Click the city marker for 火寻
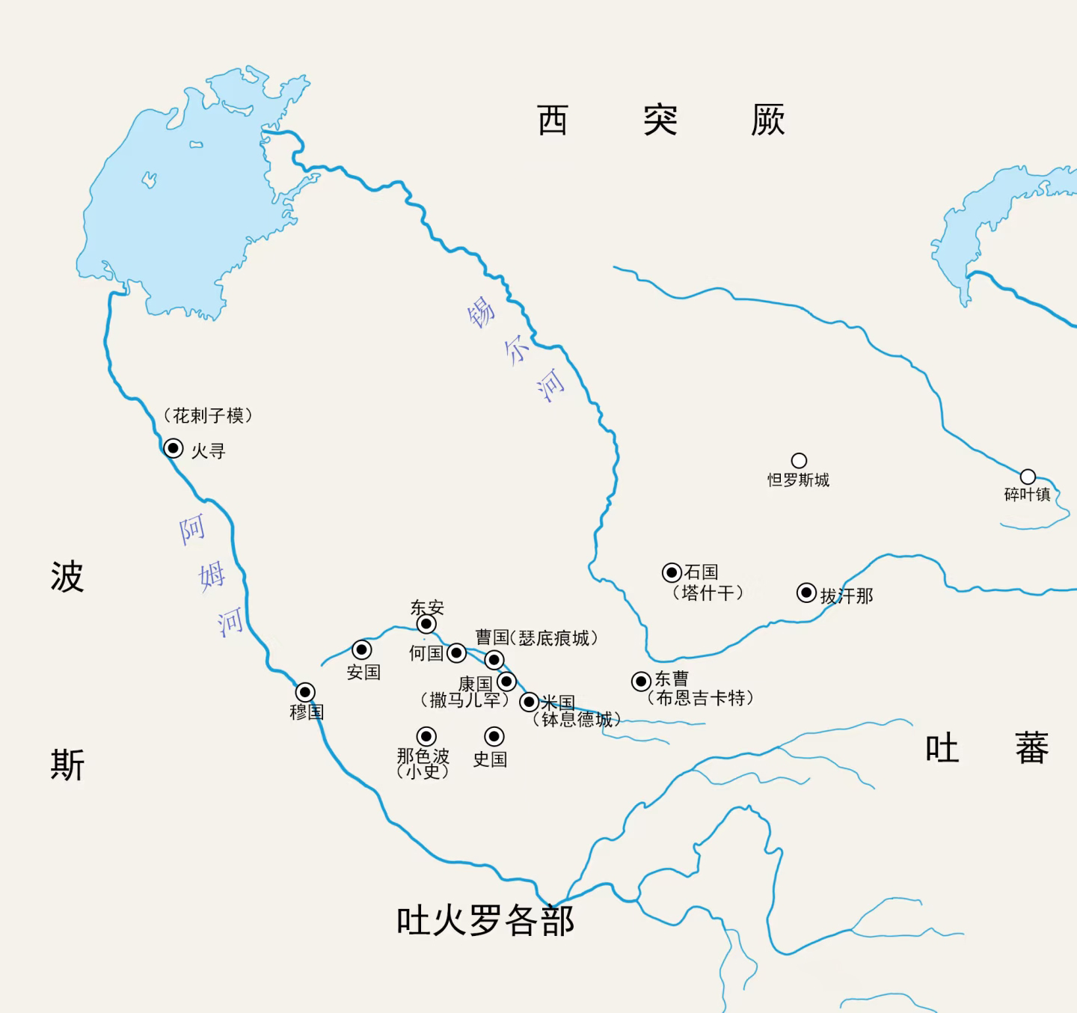(174, 448)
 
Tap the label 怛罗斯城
(798, 480)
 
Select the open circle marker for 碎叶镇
(1028, 477)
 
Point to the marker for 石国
(672, 573)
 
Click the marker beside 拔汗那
(806, 593)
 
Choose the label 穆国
(307, 711)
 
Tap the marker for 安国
(362, 649)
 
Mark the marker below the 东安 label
(426, 624)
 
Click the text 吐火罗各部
(485, 920)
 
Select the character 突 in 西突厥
(660, 120)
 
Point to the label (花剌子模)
(208, 415)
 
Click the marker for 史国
(494, 736)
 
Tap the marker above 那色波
(426, 736)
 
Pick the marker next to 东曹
(641, 682)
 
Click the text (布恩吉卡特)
(700, 699)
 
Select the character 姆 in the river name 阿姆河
(212, 576)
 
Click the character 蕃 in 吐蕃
(1031, 748)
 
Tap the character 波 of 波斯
(67, 577)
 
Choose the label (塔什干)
(708, 593)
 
